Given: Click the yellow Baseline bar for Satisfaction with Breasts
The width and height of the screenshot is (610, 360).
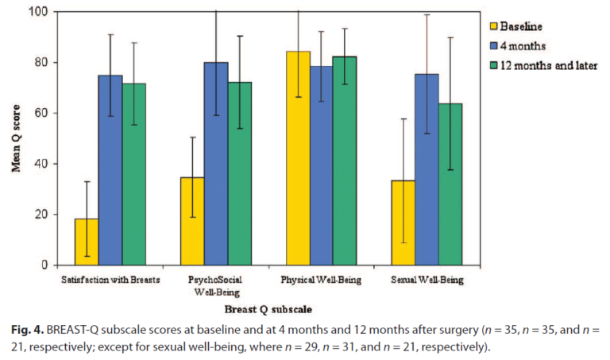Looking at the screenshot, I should (x=87, y=242).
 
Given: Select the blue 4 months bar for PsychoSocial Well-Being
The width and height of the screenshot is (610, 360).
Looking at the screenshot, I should (x=215, y=164).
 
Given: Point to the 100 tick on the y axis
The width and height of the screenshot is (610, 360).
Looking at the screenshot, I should (x=37, y=12).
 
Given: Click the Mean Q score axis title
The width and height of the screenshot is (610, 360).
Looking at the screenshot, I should (x=15, y=140).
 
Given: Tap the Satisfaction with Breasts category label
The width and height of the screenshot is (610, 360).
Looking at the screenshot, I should (x=110, y=281).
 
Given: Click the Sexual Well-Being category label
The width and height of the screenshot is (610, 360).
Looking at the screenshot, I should (x=427, y=281).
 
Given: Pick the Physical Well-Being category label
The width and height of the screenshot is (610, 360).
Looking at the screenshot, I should (x=321, y=281).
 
